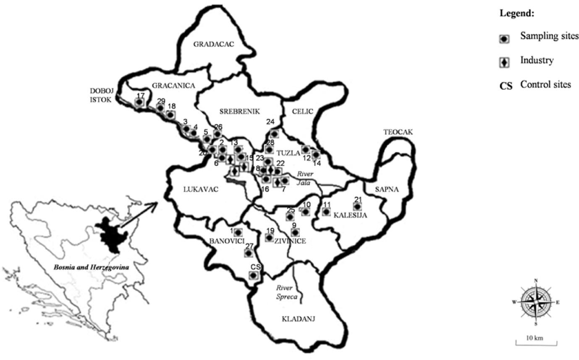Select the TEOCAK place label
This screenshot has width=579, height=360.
[398, 132]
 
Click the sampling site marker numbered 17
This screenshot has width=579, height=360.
[140, 102]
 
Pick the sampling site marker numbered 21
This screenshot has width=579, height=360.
[357, 206]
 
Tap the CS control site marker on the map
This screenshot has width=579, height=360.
[254, 275]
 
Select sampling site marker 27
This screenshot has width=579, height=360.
[249, 253]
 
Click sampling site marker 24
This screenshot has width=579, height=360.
[274, 134]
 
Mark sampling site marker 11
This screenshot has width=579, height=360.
[326, 211]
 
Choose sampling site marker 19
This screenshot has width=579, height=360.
[269, 237]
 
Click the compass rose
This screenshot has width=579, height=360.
[536, 302]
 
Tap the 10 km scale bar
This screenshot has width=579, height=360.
[536, 341]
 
